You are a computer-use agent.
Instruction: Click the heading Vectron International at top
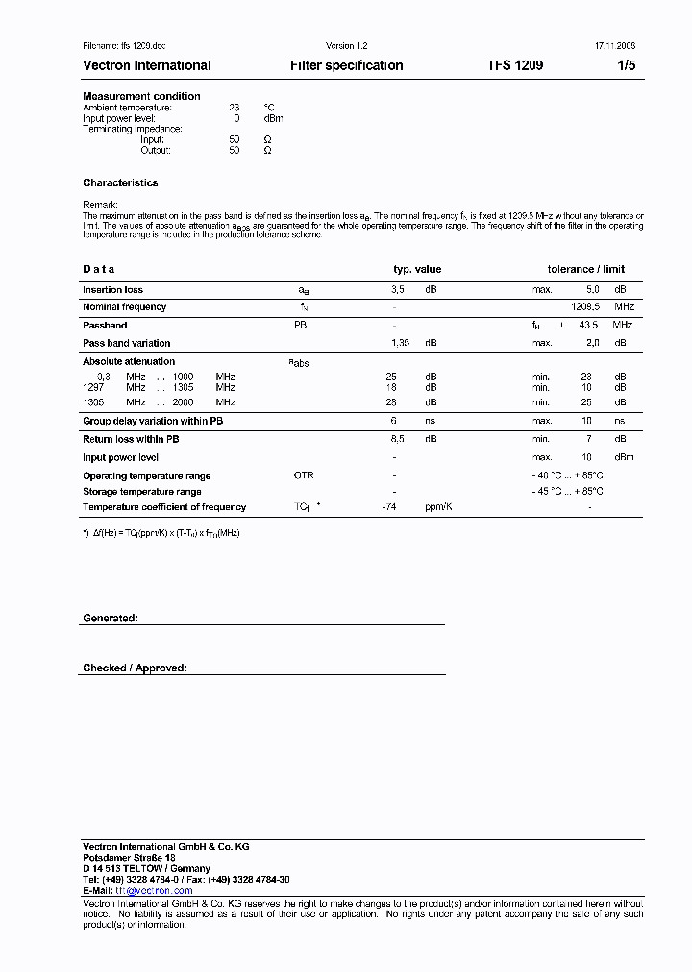(x=147, y=66)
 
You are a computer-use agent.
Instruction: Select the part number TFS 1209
(x=515, y=66)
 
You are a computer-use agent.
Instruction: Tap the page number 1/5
(x=626, y=66)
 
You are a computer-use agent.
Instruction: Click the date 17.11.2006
(x=609, y=46)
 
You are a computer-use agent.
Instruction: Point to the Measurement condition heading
(x=141, y=96)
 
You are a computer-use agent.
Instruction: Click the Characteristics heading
(x=120, y=182)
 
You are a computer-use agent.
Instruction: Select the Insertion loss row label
(x=112, y=289)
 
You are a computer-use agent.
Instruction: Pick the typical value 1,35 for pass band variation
(x=401, y=343)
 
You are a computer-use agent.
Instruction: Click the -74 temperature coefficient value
(x=389, y=507)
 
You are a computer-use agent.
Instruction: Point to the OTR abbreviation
(x=304, y=476)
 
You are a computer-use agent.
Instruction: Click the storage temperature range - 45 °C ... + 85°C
(x=568, y=492)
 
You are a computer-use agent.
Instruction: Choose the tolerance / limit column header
(x=586, y=270)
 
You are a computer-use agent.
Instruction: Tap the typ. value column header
(x=417, y=270)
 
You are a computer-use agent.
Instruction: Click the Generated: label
(x=110, y=619)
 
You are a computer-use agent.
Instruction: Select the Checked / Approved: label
(x=135, y=668)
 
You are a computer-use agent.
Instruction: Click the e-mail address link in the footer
(x=154, y=891)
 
